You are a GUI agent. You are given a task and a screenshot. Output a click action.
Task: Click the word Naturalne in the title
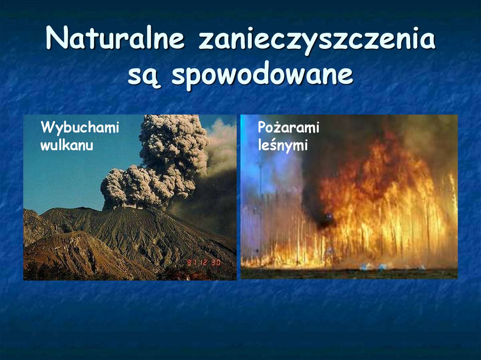(x=115, y=39)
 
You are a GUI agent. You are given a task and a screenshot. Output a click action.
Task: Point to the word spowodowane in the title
(x=263, y=75)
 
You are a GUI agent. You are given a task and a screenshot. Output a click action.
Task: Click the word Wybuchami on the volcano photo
(x=80, y=127)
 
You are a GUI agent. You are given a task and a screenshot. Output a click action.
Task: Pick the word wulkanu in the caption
(x=67, y=146)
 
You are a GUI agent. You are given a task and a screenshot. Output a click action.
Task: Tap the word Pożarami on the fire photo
(x=288, y=127)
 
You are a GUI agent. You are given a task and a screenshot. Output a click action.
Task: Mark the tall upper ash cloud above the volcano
(x=174, y=141)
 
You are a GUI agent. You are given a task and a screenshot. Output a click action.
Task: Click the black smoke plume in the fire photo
(x=324, y=188)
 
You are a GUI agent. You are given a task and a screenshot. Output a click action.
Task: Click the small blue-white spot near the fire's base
(x=371, y=266)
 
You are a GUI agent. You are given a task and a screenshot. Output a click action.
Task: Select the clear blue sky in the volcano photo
(x=61, y=183)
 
